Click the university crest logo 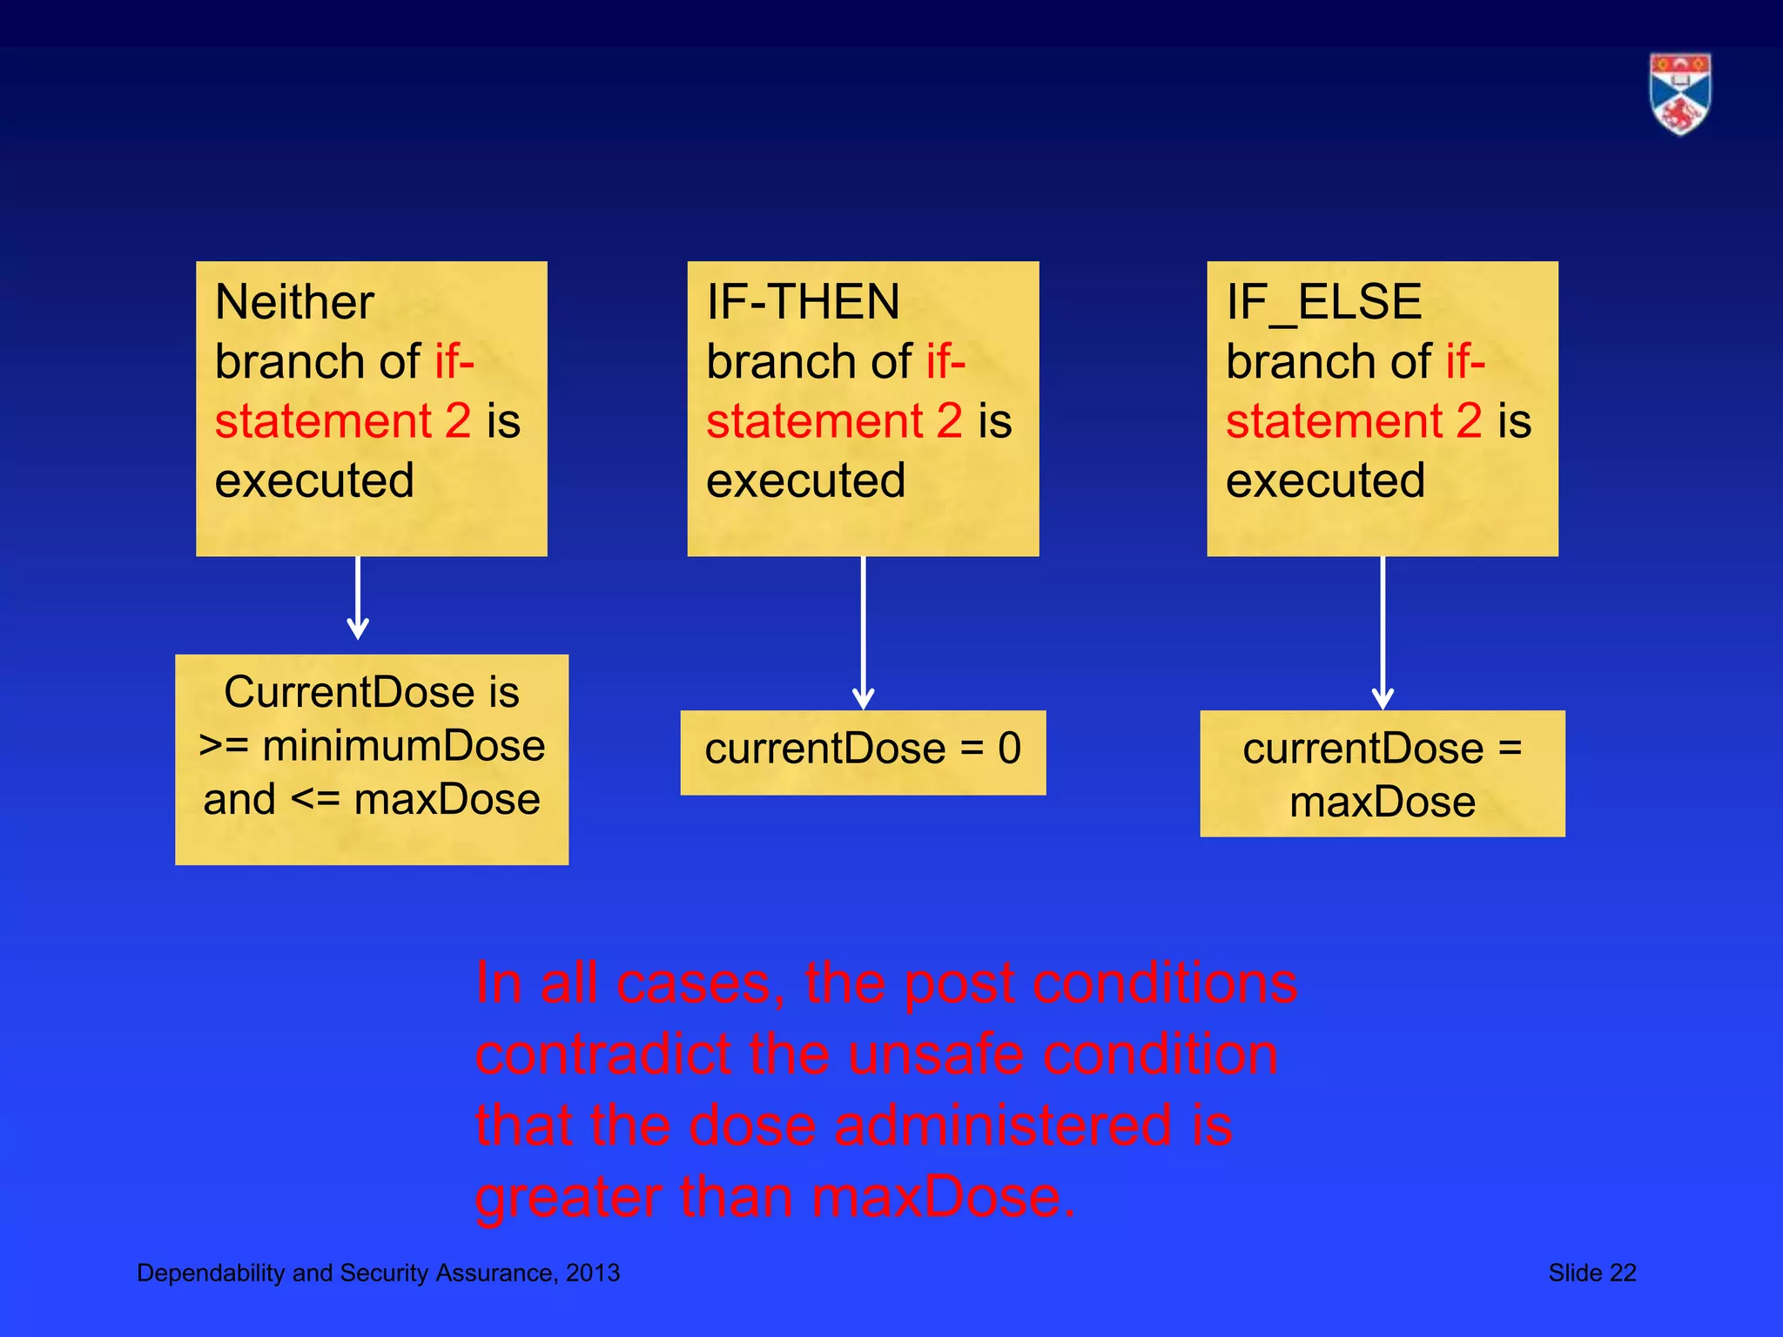pos(1679,94)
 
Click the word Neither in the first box pos(294,302)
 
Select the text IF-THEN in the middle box pos(803,302)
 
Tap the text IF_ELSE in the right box pos(1323,302)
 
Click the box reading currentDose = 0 pos(863,752)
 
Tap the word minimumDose pos(404,746)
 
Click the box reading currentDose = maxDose pos(1383,774)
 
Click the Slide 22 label pos(1591,1273)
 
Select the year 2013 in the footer pos(593,1273)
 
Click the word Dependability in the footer pos(212,1273)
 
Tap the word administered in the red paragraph pos(1003,1125)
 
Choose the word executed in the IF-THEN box pos(805,480)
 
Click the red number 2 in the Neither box pos(458,420)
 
